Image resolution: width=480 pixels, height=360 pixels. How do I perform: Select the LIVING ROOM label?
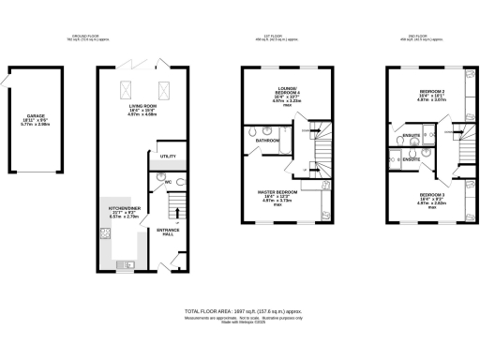143,107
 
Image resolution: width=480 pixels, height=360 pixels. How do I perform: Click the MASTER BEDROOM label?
278,191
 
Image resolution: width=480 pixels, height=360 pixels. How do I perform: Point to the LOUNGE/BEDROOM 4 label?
279,91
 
